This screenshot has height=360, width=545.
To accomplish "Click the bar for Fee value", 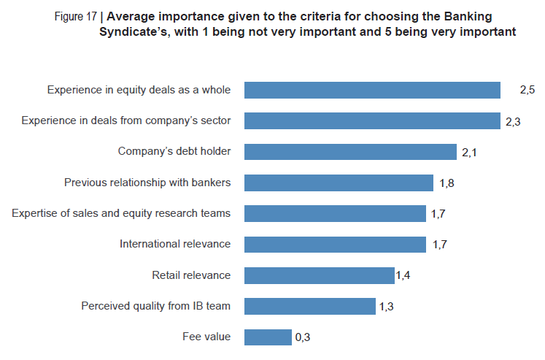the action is pyautogui.click(x=268, y=337).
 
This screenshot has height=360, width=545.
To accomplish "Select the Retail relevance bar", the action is pyautogui.click(x=320, y=275).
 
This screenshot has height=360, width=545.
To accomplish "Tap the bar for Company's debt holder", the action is pyautogui.click(x=350, y=152).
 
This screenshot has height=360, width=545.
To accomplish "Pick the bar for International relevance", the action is pyautogui.click(x=335, y=245).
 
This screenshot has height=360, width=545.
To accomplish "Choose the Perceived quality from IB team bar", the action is pyautogui.click(x=310, y=306).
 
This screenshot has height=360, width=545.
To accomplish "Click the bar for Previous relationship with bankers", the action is pyautogui.click(x=339, y=183).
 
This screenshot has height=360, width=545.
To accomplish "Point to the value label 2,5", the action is pyautogui.click(x=527, y=90).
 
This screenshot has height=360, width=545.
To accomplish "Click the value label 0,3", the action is pyautogui.click(x=302, y=337).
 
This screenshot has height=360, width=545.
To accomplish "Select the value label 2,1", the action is pyautogui.click(x=469, y=153).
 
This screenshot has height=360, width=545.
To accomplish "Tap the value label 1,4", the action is pyautogui.click(x=403, y=275).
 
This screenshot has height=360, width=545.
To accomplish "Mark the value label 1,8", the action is pyautogui.click(x=447, y=183).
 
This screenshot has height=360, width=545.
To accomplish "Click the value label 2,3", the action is pyautogui.click(x=513, y=122).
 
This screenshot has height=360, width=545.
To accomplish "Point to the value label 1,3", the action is pyautogui.click(x=386, y=307).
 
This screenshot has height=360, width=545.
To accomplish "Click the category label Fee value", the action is pyautogui.click(x=206, y=337).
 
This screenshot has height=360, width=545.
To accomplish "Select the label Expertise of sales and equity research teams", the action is pyautogui.click(x=121, y=213).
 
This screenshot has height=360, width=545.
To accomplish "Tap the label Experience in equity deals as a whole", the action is pyautogui.click(x=139, y=90).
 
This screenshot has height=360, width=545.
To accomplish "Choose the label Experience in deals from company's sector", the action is pyautogui.click(x=126, y=120).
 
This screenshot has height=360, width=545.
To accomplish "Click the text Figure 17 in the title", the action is pyautogui.click(x=75, y=17).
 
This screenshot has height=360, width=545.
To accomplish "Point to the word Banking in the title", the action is pyautogui.click(x=468, y=17).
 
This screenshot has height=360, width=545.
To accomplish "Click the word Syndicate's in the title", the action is pyautogui.click(x=135, y=32).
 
